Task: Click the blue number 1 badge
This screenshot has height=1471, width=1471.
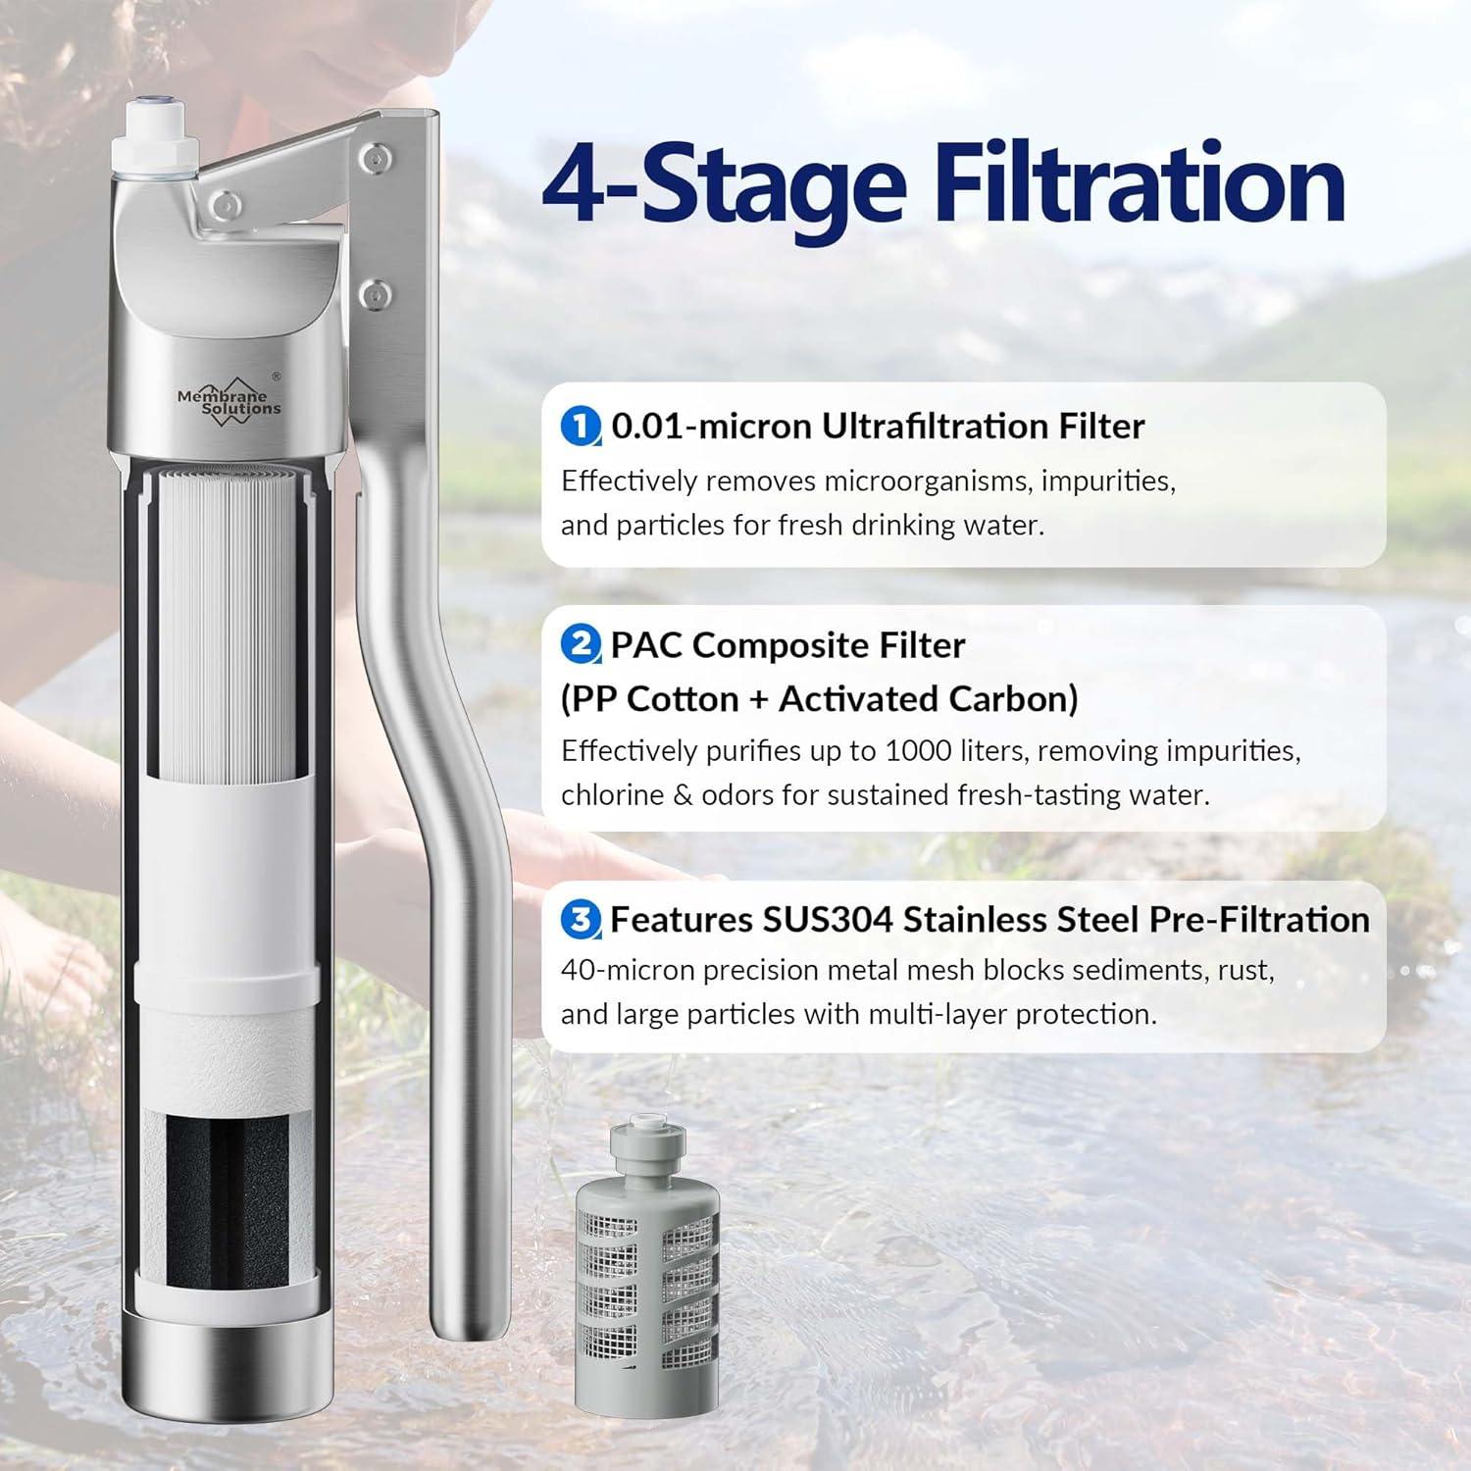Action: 581,427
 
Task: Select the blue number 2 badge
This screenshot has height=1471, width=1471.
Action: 581,645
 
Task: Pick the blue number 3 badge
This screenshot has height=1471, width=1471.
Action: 581,920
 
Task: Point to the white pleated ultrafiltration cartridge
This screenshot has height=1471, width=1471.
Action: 227,618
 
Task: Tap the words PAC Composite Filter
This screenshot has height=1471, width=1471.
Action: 787,645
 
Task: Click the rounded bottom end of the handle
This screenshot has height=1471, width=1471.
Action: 468,1324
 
